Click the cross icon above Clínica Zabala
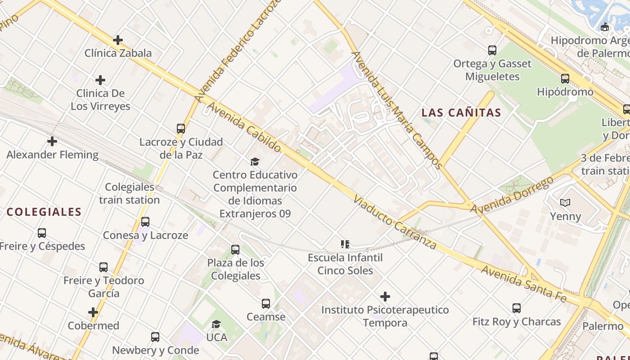[x=118, y=40]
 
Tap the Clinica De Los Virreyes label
[x=100, y=100]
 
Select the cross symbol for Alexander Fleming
[x=52, y=141]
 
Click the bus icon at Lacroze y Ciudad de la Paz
[x=181, y=129]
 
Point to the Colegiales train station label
[x=130, y=193]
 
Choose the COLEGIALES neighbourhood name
[x=44, y=212]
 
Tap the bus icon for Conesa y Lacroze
[x=145, y=222]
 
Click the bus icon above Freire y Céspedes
[x=42, y=233]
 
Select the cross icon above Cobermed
[x=93, y=312]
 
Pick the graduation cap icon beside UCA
[x=216, y=324]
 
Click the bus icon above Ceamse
[x=266, y=304]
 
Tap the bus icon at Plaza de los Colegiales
[x=235, y=250]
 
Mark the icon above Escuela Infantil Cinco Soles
[x=345, y=244]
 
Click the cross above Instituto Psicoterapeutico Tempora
[x=385, y=297]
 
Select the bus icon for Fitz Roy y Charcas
[x=517, y=308]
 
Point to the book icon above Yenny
[x=565, y=203]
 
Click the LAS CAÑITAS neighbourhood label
[x=461, y=113]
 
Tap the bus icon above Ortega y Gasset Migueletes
[x=492, y=50]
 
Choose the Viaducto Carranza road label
[x=395, y=222]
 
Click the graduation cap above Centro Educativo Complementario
[x=255, y=162]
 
